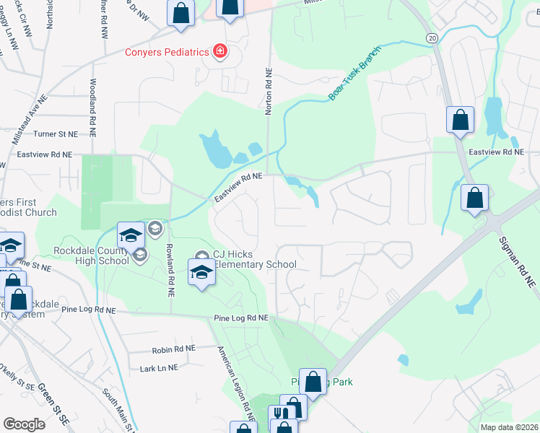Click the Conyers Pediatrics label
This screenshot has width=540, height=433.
(x=166, y=52)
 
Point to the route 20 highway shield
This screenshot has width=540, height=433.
(x=432, y=37)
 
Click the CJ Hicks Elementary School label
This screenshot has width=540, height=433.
(x=254, y=259)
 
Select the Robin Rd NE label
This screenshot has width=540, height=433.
(x=174, y=349)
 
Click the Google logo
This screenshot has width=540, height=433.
(x=24, y=424)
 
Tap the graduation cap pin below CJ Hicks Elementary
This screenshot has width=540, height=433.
(x=201, y=273)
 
